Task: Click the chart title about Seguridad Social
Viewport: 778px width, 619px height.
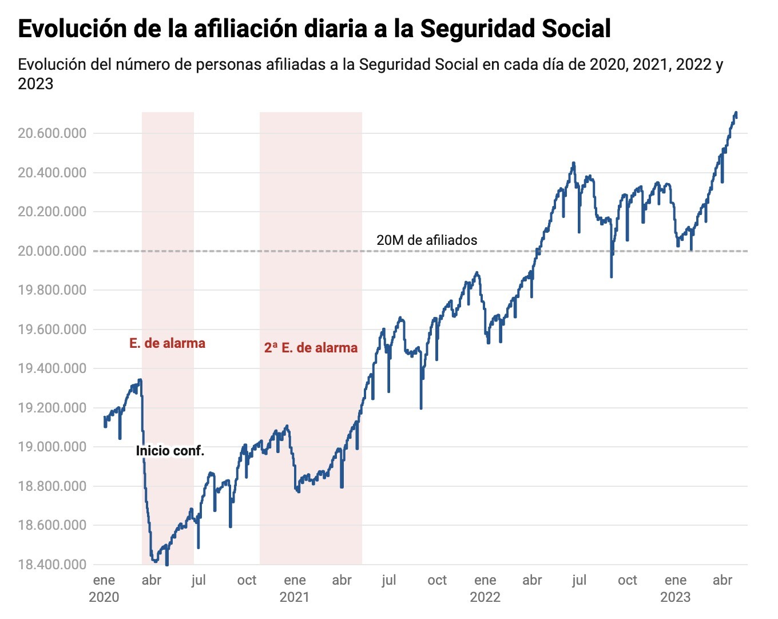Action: [314, 29]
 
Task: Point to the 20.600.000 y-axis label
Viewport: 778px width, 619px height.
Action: [52, 133]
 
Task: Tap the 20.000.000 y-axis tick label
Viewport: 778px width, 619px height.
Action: [52, 251]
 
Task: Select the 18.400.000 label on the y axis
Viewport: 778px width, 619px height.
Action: [52, 565]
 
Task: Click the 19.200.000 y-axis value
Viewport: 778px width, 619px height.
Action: [52, 408]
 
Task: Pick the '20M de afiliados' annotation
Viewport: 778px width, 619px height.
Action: [426, 240]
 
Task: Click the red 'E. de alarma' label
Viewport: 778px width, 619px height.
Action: [167, 343]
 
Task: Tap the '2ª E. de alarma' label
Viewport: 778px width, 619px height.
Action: [311, 348]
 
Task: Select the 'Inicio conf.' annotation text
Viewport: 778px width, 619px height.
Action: [170, 451]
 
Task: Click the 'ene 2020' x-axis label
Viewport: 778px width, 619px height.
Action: [104, 588]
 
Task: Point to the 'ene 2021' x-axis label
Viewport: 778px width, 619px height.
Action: [295, 588]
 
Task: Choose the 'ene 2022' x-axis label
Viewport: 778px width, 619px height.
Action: [485, 588]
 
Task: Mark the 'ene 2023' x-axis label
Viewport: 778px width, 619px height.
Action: [676, 588]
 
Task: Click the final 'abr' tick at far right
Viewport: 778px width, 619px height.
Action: [723, 580]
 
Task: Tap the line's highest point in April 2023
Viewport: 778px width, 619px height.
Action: [736, 113]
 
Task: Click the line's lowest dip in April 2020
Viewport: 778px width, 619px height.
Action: [166, 564]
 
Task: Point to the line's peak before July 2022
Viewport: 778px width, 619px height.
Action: [573, 163]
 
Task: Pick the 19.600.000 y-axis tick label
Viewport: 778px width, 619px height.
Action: [52, 330]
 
